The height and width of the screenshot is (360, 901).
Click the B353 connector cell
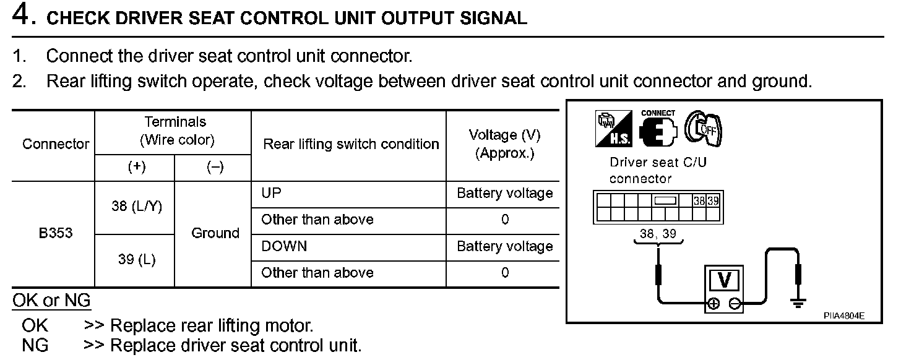point(55,233)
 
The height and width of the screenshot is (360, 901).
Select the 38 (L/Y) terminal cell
point(137,207)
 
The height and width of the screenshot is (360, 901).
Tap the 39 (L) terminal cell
point(137,260)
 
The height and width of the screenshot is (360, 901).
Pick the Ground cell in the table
point(215,233)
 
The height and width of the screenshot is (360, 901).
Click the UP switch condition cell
point(271,193)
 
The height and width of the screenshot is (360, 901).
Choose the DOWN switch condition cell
point(284,246)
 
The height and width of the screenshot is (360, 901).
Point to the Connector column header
point(56,144)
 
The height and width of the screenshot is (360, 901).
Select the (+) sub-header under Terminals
point(136,168)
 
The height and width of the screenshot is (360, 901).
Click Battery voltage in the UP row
point(504,193)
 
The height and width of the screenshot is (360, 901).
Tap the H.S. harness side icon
point(613,130)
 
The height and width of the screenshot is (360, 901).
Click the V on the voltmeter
point(723,281)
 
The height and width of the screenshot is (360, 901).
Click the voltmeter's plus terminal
point(713,304)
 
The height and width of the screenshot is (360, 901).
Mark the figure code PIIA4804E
point(843,315)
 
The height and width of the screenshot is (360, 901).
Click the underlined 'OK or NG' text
point(52,301)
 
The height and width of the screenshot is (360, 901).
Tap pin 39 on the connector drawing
point(713,200)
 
